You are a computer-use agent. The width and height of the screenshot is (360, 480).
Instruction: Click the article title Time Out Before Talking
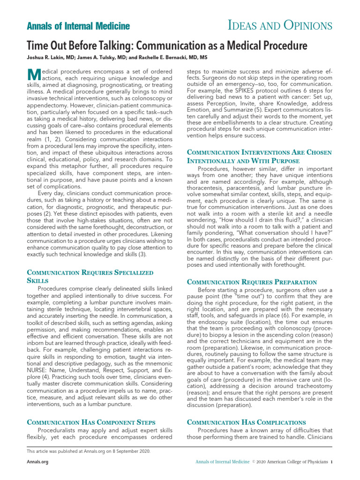coord(167,46)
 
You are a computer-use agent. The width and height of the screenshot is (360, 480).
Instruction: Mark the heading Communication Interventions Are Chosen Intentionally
coord(259,156)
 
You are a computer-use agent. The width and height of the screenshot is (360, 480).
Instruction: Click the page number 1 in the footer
coord(331,462)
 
